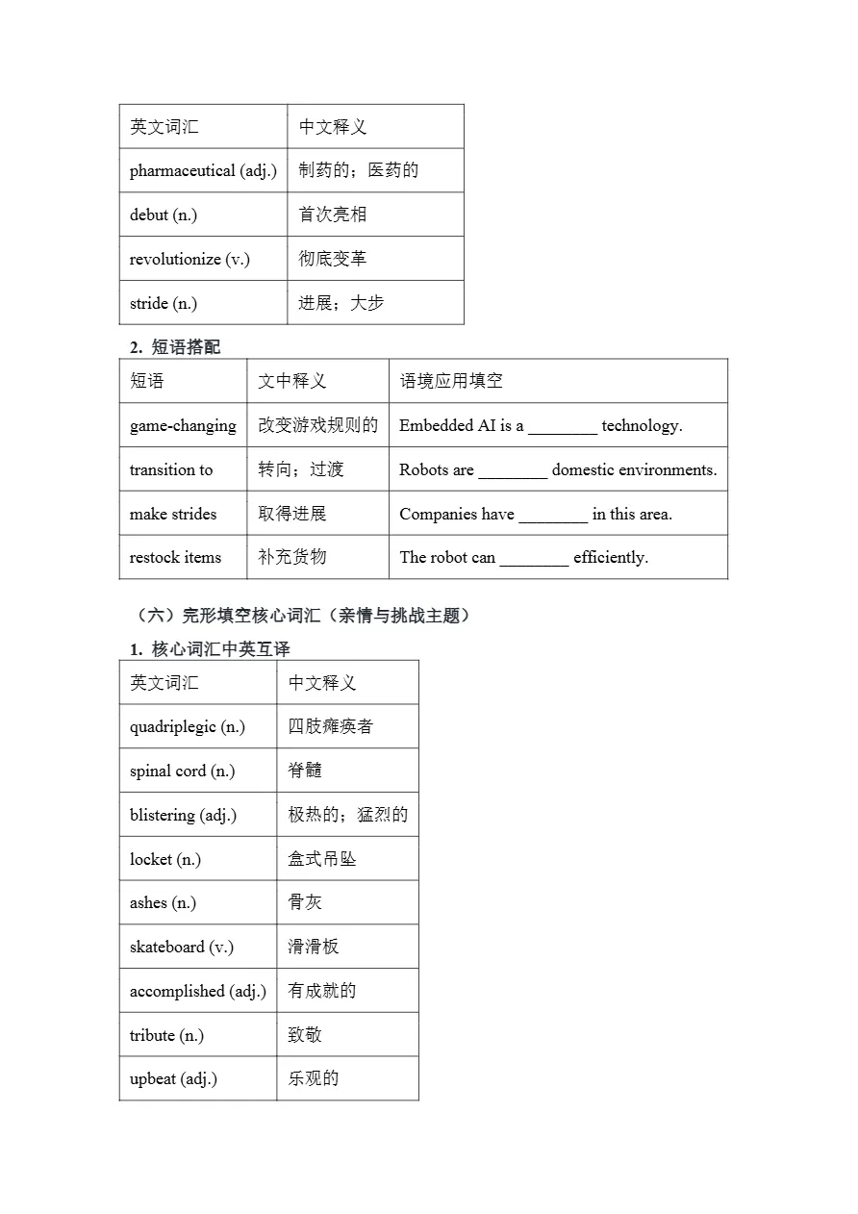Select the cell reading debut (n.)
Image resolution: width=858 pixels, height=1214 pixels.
tap(164, 215)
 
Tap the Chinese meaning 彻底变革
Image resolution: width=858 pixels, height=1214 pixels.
tap(332, 259)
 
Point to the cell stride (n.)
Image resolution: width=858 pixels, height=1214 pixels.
tap(164, 304)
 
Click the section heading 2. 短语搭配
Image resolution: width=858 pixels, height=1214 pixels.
tap(175, 347)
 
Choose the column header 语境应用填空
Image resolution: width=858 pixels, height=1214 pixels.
tap(451, 381)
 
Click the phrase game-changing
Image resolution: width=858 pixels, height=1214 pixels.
tap(183, 425)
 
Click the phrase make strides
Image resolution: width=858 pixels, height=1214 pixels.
tap(173, 514)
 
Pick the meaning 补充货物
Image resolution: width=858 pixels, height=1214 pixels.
tap(292, 557)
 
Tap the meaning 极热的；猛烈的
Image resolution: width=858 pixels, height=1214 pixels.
tap(348, 815)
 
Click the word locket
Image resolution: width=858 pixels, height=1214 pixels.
tap(151, 859)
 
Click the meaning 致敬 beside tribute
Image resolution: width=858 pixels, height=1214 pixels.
tap(305, 1035)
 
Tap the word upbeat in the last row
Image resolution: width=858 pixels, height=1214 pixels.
tap(153, 1079)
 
